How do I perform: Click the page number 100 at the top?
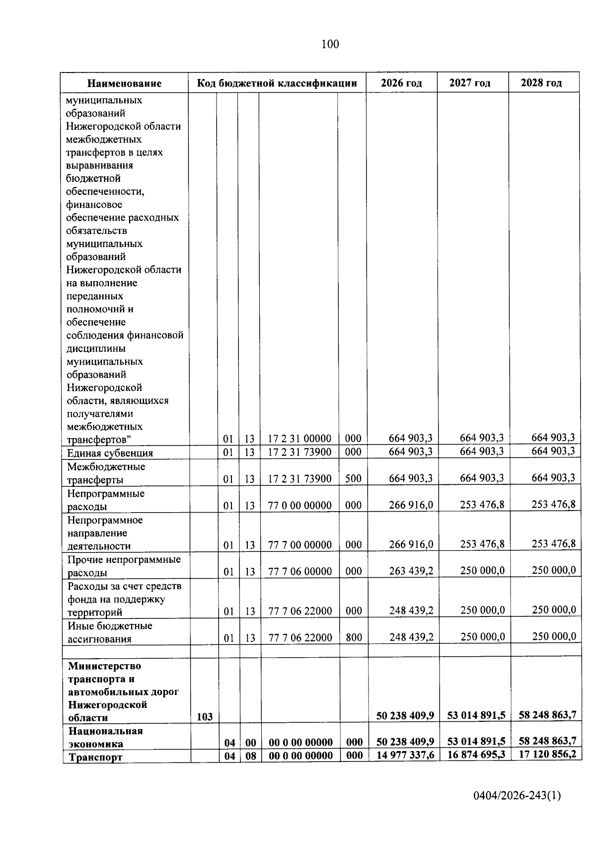point(330,44)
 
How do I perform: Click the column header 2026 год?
point(401,83)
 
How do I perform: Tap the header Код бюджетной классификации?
point(277,83)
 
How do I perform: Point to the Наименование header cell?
point(125,83)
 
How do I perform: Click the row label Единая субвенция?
point(110,453)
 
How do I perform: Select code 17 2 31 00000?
point(299,439)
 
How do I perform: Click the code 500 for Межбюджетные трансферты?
point(353,479)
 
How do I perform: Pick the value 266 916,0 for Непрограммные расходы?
point(411,505)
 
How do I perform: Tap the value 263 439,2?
point(411,571)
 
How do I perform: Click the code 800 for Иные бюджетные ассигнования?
point(354,637)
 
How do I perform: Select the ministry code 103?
point(204,717)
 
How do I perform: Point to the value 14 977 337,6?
point(405,756)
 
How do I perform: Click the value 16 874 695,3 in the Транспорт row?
point(476,755)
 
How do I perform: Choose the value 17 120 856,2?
point(547,754)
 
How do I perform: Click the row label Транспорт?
point(95,757)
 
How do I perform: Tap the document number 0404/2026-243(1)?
point(517,796)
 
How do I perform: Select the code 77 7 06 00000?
point(300,571)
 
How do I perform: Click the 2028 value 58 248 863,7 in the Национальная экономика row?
point(547,741)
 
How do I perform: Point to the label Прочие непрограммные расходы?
point(124,566)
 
